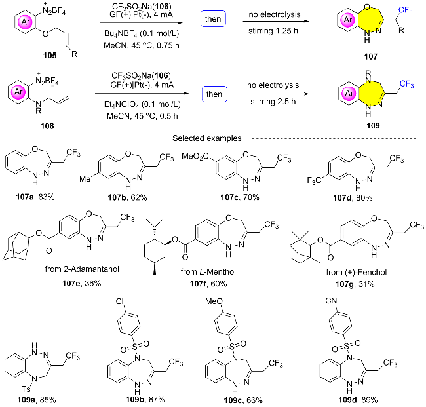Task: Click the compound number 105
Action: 50,56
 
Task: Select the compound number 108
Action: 47,126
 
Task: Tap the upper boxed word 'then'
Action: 213,19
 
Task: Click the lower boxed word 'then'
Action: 214,94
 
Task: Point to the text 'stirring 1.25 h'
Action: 273,31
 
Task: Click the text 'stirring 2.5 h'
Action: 273,102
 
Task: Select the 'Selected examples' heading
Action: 207,138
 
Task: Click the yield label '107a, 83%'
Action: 35,197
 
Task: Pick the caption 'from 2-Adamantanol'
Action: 82,269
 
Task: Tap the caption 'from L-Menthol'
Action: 208,272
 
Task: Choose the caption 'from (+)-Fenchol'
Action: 357,272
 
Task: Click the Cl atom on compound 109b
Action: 120,301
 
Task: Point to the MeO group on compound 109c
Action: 214,301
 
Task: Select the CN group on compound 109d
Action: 331,301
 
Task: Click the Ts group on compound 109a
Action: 26,389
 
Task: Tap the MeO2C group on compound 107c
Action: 195,156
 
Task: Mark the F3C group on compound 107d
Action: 314,180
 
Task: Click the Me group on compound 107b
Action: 85,179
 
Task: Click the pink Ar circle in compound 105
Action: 26,22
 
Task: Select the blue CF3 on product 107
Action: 406,11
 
